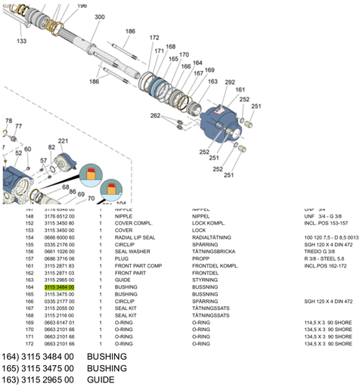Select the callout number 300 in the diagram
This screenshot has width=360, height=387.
pyautogui.click(x=100, y=17)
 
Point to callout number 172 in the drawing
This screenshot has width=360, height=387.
pyautogui.click(x=154, y=37)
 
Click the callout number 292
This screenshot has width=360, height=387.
pyautogui.click(x=229, y=82)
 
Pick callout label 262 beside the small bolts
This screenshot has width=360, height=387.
pyautogui.click(x=155, y=116)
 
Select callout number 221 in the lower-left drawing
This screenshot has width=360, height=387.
pyautogui.click(x=63, y=141)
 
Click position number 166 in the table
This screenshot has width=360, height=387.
pyautogui.click(x=30, y=301)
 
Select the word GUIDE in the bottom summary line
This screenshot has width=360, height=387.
pyautogui.click(x=100, y=379)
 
